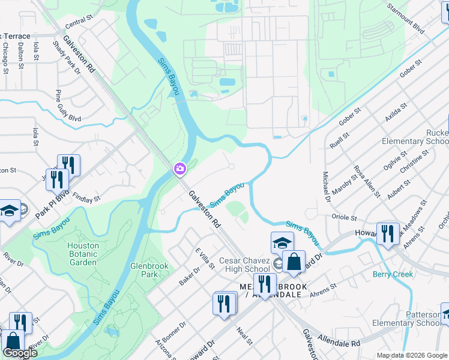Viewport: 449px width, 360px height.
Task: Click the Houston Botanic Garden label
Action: tap(82, 254)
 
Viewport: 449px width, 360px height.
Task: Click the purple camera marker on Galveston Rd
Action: tap(179, 170)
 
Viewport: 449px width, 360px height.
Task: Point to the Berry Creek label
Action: tap(393, 274)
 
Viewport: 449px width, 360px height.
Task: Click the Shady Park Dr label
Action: tap(66, 57)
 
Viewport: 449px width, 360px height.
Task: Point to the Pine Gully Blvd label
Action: tap(67, 106)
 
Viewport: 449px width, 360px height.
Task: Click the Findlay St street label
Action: tap(86, 196)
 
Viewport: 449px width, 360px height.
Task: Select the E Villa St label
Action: tap(205, 258)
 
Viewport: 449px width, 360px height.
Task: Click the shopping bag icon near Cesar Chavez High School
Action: tap(294, 262)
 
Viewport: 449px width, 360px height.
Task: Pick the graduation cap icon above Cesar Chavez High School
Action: tap(282, 243)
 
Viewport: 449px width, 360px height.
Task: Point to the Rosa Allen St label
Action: tap(366, 182)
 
